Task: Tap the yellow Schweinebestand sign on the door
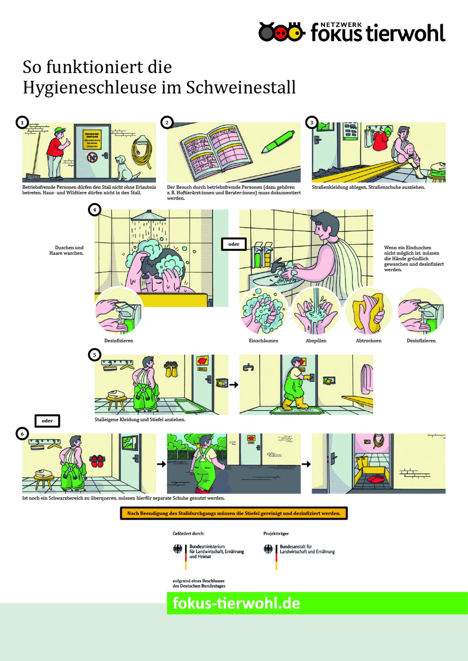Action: pos(92,140)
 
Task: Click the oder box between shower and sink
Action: pos(234,244)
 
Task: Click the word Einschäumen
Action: pos(263,341)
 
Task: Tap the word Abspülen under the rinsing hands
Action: pos(316,341)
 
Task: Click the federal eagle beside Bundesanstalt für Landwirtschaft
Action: pos(268,549)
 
